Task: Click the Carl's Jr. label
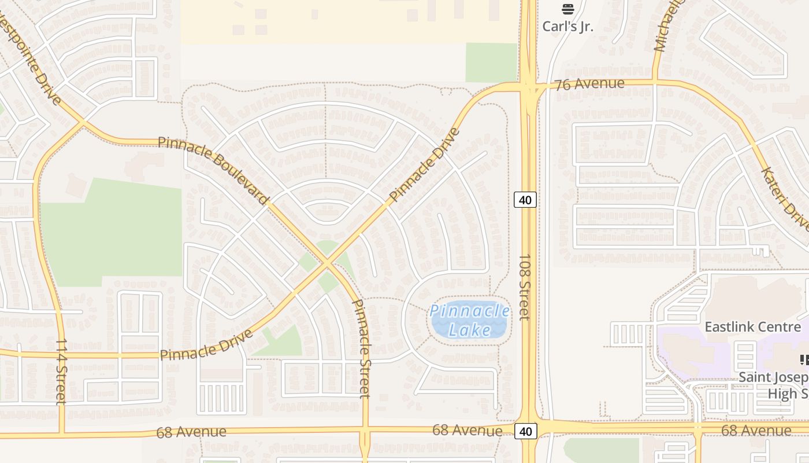(567, 27)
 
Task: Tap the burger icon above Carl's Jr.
(567, 9)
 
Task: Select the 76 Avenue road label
(589, 84)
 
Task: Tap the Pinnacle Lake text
(470, 320)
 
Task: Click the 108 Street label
(524, 287)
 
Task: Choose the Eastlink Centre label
(753, 326)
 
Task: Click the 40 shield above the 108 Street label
(525, 200)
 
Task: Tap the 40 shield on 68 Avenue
(525, 431)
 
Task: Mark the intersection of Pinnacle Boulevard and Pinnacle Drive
(327, 264)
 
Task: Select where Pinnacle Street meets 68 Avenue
(365, 431)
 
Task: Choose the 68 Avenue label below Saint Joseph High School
(756, 431)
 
